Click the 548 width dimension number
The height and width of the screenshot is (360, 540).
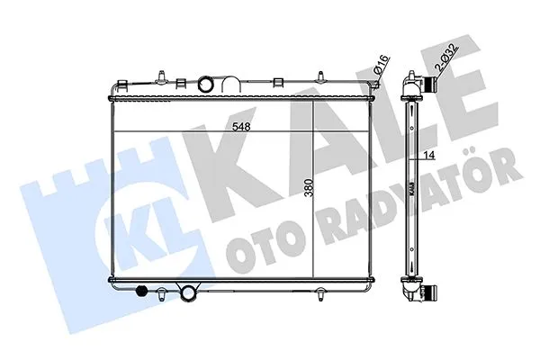tap(241, 127)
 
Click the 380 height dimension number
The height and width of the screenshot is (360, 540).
tap(310, 187)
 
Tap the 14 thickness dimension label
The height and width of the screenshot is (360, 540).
tap(428, 156)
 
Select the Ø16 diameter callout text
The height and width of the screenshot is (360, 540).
tap(382, 64)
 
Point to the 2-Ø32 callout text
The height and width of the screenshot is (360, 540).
tap(446, 57)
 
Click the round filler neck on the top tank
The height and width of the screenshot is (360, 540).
tap(205, 84)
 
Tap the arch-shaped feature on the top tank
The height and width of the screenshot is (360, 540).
tap(230, 85)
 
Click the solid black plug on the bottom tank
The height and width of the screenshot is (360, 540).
tap(141, 291)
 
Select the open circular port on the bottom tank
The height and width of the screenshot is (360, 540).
tap(188, 292)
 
